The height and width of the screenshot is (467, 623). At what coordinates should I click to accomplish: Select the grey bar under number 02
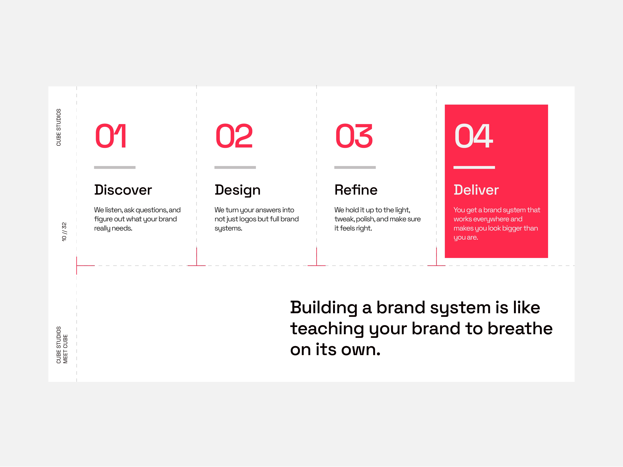235,167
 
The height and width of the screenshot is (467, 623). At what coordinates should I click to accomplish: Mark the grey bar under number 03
355,167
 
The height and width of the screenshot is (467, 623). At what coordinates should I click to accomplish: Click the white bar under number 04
474,167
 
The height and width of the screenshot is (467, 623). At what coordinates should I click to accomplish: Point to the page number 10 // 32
64,232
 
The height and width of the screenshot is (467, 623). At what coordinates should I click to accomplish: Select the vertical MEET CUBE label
65,349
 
